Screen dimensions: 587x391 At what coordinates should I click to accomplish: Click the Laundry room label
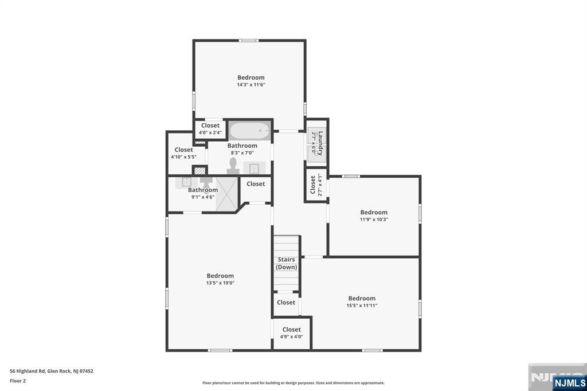[x=320, y=143]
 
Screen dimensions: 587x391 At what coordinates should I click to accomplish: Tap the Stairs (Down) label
[x=287, y=263]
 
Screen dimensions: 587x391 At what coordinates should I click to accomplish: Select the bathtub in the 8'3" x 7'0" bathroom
[x=250, y=131]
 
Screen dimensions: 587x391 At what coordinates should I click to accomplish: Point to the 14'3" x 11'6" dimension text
[x=251, y=85]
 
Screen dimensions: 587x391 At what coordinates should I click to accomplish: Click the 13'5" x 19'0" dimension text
[x=220, y=283]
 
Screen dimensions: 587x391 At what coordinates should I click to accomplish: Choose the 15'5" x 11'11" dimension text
[x=362, y=306]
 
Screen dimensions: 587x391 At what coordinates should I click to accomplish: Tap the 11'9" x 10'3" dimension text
[x=374, y=220]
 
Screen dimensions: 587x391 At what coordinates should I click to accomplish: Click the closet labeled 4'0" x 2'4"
[x=210, y=129]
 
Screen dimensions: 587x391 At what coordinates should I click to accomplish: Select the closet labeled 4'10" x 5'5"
[x=184, y=153]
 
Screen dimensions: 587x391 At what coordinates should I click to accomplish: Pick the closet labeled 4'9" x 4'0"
[x=292, y=333]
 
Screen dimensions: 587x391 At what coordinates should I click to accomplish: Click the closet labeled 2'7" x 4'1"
[x=316, y=185]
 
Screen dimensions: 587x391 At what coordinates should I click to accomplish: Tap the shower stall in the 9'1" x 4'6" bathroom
[x=227, y=194]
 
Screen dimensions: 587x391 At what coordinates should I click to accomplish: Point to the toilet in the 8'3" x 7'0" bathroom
[x=233, y=166]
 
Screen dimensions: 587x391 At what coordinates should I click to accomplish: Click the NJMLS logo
[x=569, y=383]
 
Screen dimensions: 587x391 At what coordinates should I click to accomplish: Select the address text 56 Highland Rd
[x=28, y=371]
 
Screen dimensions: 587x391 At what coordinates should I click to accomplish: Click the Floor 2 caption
[x=18, y=381]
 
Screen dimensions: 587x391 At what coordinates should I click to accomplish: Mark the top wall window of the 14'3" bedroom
[x=249, y=41]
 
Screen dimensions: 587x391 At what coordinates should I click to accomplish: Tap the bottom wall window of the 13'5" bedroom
[x=220, y=350]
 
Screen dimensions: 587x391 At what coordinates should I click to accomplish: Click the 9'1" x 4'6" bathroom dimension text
[x=203, y=197]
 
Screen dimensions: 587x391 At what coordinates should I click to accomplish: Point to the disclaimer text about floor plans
[x=293, y=383]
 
